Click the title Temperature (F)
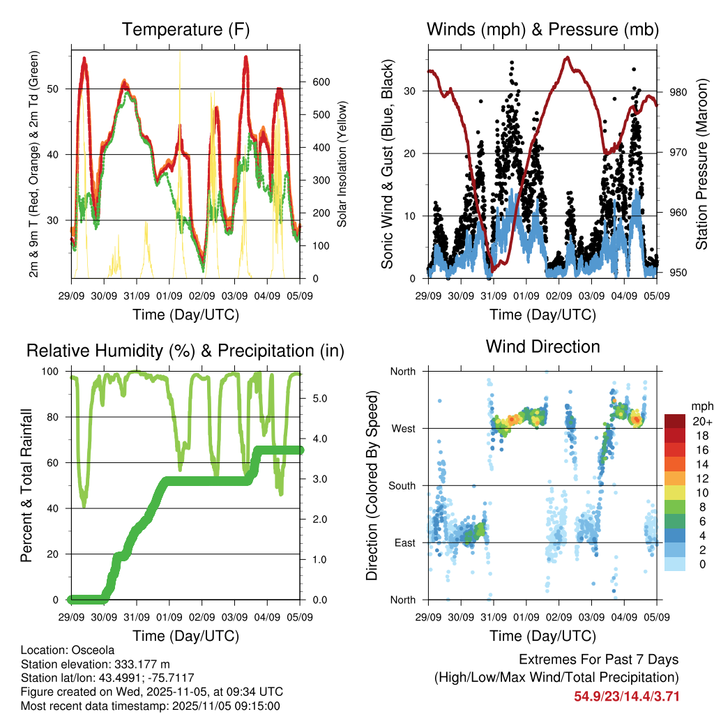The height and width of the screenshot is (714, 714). click(x=185, y=30)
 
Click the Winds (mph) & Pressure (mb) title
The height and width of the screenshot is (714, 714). click(x=542, y=30)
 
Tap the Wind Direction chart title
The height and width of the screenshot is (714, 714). click(x=542, y=347)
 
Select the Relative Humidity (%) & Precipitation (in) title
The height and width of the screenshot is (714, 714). click(x=185, y=351)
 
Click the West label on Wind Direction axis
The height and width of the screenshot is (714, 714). click(x=403, y=429)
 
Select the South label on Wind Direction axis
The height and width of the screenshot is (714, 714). click(x=402, y=486)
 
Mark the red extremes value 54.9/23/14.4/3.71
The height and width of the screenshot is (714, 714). click(x=626, y=696)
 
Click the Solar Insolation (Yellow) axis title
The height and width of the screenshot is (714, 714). click(x=342, y=165)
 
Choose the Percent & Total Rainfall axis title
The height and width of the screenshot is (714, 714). click(x=26, y=485)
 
